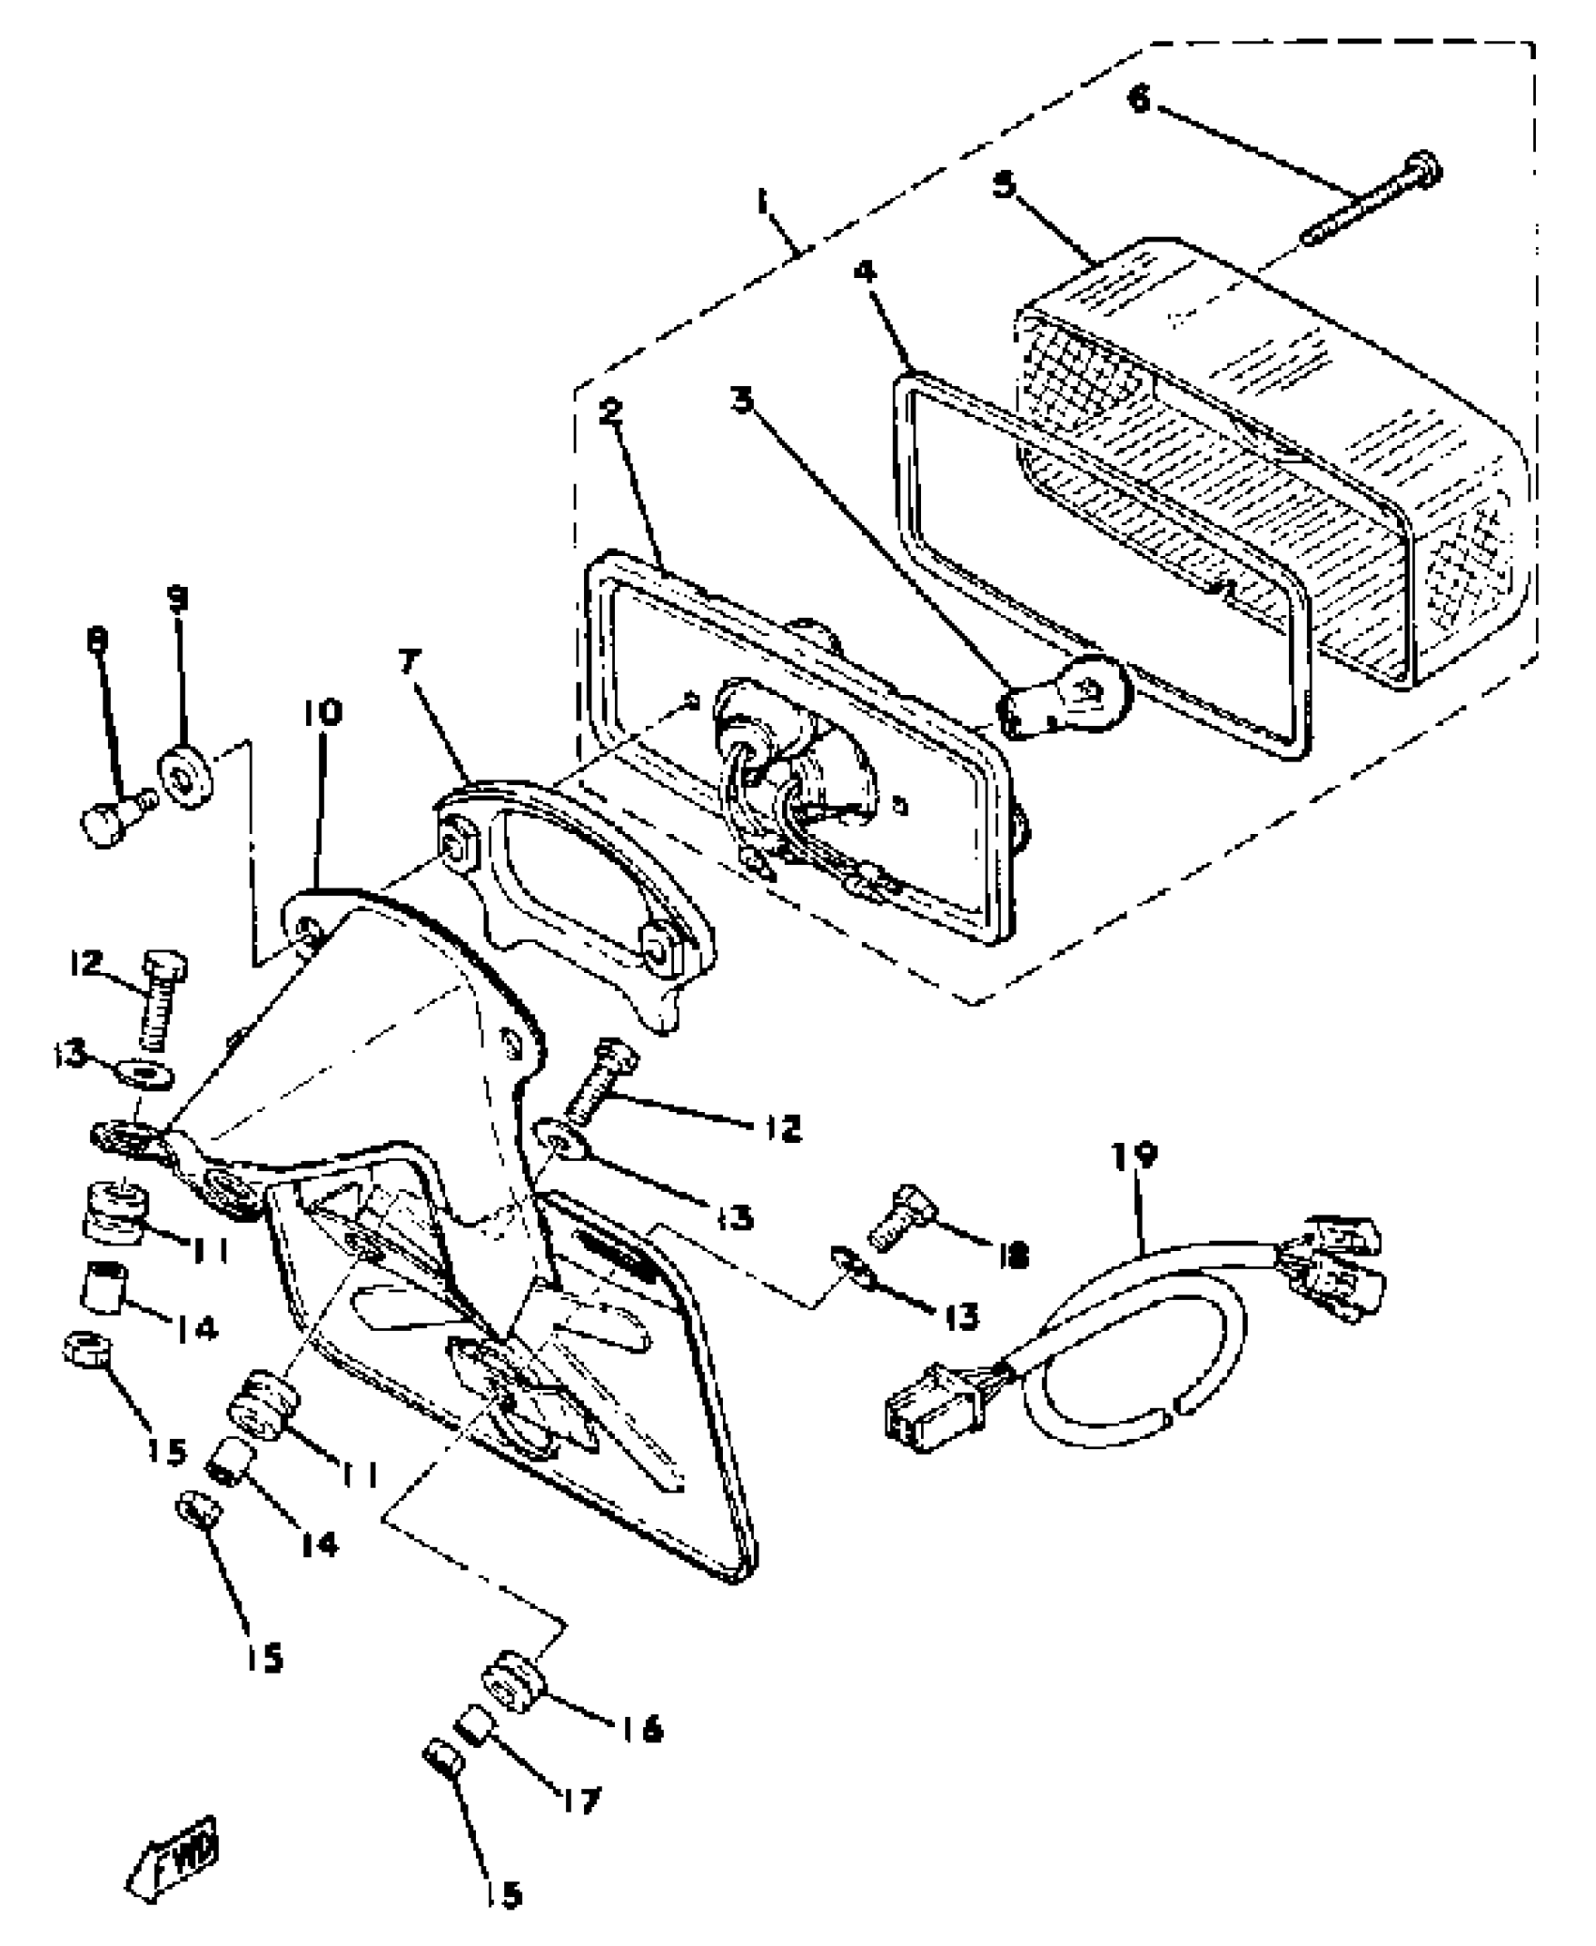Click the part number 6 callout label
coord(1139,97)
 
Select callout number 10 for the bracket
coord(322,714)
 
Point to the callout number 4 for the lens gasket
coord(865,272)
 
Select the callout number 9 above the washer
coord(176,599)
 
